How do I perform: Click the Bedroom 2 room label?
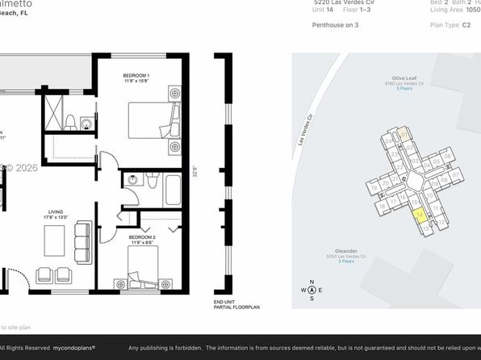pos(143,238)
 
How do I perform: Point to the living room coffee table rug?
pos(54,241)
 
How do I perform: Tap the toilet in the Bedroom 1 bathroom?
pos(71,123)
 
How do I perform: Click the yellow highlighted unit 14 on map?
pos(419,216)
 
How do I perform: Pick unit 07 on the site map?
pos(454,174)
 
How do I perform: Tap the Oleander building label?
pos(341,253)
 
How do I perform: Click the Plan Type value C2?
pos(466,25)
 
